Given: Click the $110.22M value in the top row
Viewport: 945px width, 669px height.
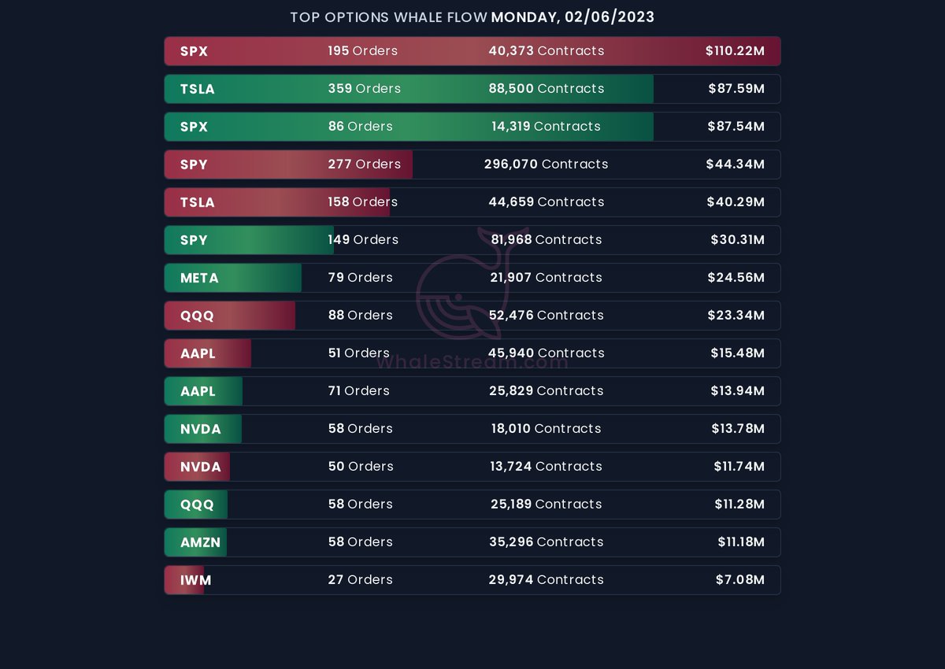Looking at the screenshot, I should pos(735,51).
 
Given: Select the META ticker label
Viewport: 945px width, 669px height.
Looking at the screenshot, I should pos(199,278).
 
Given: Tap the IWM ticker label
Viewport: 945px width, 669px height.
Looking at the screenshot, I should pos(195,580).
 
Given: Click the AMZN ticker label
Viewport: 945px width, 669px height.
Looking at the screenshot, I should pos(200,542).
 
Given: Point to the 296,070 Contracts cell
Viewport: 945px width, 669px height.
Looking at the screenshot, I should pos(546,164).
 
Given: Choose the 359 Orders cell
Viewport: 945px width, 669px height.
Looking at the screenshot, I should pos(364,89).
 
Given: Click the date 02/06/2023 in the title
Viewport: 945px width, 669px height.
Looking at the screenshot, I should pos(610,17).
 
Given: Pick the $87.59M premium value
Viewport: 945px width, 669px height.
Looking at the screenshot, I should pos(736,89).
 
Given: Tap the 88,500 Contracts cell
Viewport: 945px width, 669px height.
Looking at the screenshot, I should pos(546,89).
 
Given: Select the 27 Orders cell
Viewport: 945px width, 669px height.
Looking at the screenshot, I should pos(360,580).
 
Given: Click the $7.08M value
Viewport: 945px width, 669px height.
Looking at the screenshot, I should pos(739,580).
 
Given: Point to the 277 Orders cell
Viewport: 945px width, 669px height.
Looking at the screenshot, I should pos(364,164).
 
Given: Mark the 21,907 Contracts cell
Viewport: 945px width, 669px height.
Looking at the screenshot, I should pos(546,278).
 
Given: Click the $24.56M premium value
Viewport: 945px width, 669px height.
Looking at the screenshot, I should pos(736,278).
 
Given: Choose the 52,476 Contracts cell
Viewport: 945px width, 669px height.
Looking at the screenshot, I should pos(546,316).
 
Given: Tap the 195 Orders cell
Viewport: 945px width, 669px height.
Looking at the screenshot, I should pos(362,51).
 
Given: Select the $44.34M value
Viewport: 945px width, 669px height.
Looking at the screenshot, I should pos(735,164).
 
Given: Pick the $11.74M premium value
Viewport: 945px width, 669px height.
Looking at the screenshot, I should pos(739,467).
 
